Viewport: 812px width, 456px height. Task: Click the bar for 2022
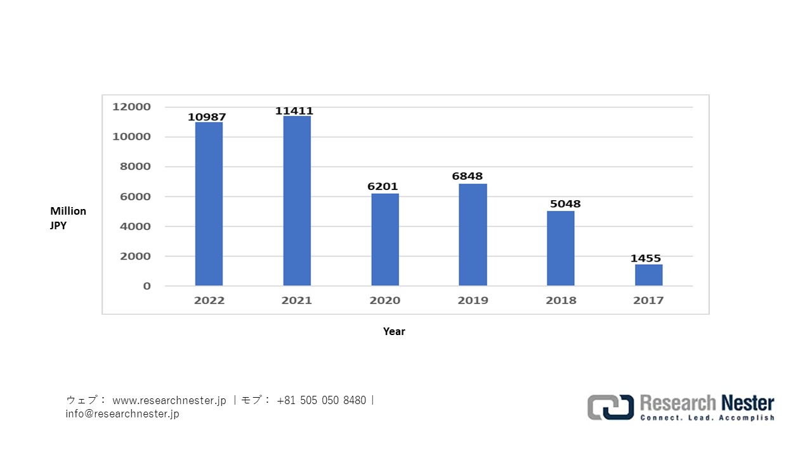[209, 203]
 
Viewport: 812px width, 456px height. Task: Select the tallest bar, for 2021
[297, 200]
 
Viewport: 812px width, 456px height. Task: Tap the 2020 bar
[385, 239]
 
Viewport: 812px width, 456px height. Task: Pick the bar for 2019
[473, 234]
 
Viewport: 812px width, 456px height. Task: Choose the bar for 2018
[561, 248]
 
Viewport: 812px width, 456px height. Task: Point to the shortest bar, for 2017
[648, 275]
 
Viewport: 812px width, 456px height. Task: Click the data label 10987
[207, 117]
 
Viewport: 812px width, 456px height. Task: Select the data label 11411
[294, 111]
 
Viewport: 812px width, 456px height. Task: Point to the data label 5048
[565, 204]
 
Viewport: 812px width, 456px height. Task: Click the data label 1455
[646, 258]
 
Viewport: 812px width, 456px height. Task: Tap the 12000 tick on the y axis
[131, 107]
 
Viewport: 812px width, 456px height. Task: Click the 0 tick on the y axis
[147, 286]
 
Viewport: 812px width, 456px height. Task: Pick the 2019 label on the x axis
[473, 300]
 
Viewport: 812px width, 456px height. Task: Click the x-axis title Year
[394, 331]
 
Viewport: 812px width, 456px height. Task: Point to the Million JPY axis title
[68, 217]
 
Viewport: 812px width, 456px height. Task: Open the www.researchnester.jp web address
[169, 400]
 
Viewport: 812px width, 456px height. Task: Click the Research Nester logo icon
[610, 407]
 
